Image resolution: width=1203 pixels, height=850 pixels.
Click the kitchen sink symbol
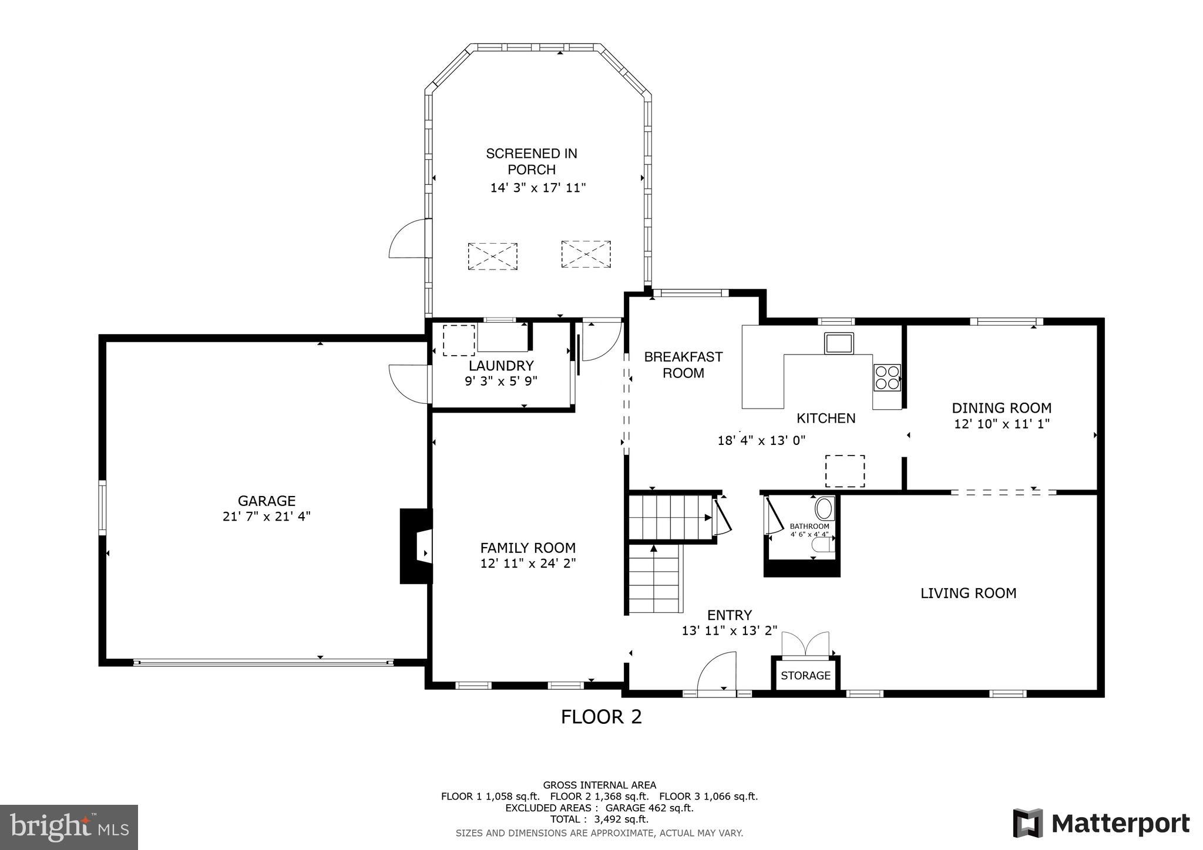tap(839, 343)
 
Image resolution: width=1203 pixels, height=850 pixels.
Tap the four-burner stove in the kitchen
tap(886, 377)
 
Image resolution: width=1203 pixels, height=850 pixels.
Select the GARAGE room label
tap(266, 501)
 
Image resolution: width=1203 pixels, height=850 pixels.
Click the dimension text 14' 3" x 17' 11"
tap(538, 188)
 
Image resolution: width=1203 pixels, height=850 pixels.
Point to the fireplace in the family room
tap(416, 546)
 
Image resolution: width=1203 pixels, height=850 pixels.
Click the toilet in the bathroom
tap(823, 546)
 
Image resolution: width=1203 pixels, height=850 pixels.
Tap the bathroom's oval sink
tap(824, 508)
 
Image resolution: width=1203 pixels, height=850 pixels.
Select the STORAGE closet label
tap(805, 676)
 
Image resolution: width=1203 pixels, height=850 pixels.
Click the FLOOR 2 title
tap(601, 717)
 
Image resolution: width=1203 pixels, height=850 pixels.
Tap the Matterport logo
tap(1101, 824)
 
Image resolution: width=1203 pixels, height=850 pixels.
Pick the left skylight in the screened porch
tap(492, 256)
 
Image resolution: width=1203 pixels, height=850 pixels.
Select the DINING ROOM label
tap(1002, 408)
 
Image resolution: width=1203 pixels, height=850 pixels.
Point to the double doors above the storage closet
tap(805, 644)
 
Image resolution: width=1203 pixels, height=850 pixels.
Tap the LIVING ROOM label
tap(968, 593)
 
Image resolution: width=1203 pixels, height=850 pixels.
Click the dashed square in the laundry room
tap(459, 340)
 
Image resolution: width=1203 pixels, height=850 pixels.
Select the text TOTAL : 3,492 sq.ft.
tap(599, 819)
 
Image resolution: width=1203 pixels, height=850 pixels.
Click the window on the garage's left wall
tap(102, 507)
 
